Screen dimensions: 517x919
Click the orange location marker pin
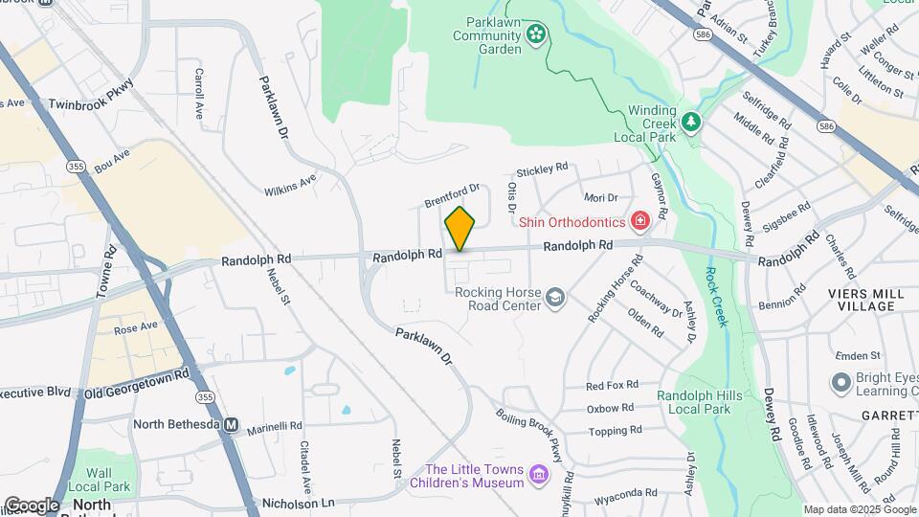pos(460,228)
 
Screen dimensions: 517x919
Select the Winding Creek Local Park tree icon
pos(690,123)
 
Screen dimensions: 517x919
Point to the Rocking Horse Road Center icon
pos(554,299)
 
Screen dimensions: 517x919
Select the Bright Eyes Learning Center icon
pos(841,383)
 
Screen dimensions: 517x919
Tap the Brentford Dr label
pos(452,195)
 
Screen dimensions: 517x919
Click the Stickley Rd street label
pos(543,170)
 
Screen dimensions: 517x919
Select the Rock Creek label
pos(715,295)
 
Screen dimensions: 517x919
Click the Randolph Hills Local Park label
pos(693,402)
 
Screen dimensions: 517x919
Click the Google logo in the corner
pos(33,505)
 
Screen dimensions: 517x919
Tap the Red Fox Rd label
pos(612,386)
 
